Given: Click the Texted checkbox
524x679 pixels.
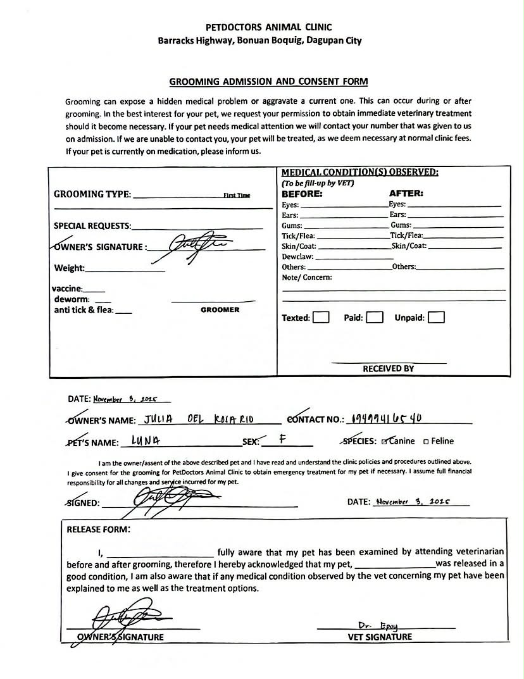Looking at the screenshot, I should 321,317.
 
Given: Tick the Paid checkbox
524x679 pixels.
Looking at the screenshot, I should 375,317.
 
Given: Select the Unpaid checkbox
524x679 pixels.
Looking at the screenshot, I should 436,317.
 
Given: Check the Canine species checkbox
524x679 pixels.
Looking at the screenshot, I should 384,441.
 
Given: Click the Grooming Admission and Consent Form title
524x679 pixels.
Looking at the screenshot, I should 268,82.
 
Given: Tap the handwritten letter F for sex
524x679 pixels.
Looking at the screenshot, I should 280,438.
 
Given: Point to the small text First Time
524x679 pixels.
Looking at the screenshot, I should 237,196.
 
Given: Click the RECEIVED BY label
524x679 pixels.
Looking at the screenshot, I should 388,368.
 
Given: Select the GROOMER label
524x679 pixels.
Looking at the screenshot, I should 220,310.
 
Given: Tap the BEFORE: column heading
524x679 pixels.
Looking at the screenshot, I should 302,194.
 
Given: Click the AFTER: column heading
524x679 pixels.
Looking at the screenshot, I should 406,194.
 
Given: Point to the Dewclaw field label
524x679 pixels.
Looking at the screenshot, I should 297,257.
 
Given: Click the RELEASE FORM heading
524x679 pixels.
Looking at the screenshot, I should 99,530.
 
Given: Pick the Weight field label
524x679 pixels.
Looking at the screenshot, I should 69,268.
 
